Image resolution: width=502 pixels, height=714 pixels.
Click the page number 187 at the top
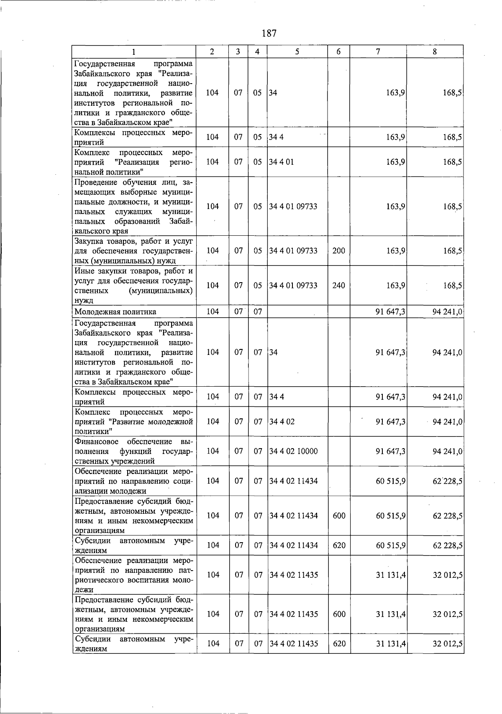click(269, 33)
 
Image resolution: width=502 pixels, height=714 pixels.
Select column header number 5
click(297, 51)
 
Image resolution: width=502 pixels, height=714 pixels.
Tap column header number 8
click(435, 51)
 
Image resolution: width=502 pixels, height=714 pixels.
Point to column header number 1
click(133, 52)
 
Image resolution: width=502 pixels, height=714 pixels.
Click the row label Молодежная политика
click(115, 311)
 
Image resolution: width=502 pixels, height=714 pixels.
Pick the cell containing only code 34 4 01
click(282, 162)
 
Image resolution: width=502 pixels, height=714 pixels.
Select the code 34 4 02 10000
click(293, 451)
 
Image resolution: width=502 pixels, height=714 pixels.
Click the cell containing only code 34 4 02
click(282, 421)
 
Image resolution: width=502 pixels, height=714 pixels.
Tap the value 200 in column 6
click(338, 251)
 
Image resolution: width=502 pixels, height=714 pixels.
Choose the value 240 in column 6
click(338, 286)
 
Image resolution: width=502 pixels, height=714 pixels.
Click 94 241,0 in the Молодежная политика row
click(447, 311)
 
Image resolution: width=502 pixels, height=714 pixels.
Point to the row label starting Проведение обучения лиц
click(133, 207)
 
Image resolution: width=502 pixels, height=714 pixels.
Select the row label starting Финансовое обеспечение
click(133, 451)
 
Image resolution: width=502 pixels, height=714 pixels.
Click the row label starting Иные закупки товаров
click(133, 286)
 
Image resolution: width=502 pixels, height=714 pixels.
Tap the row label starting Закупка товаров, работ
click(133, 251)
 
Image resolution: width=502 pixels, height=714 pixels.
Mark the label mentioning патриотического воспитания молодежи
click(133, 575)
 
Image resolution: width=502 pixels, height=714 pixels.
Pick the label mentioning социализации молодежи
click(133, 481)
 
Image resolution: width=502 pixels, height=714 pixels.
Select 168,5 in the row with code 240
click(453, 286)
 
